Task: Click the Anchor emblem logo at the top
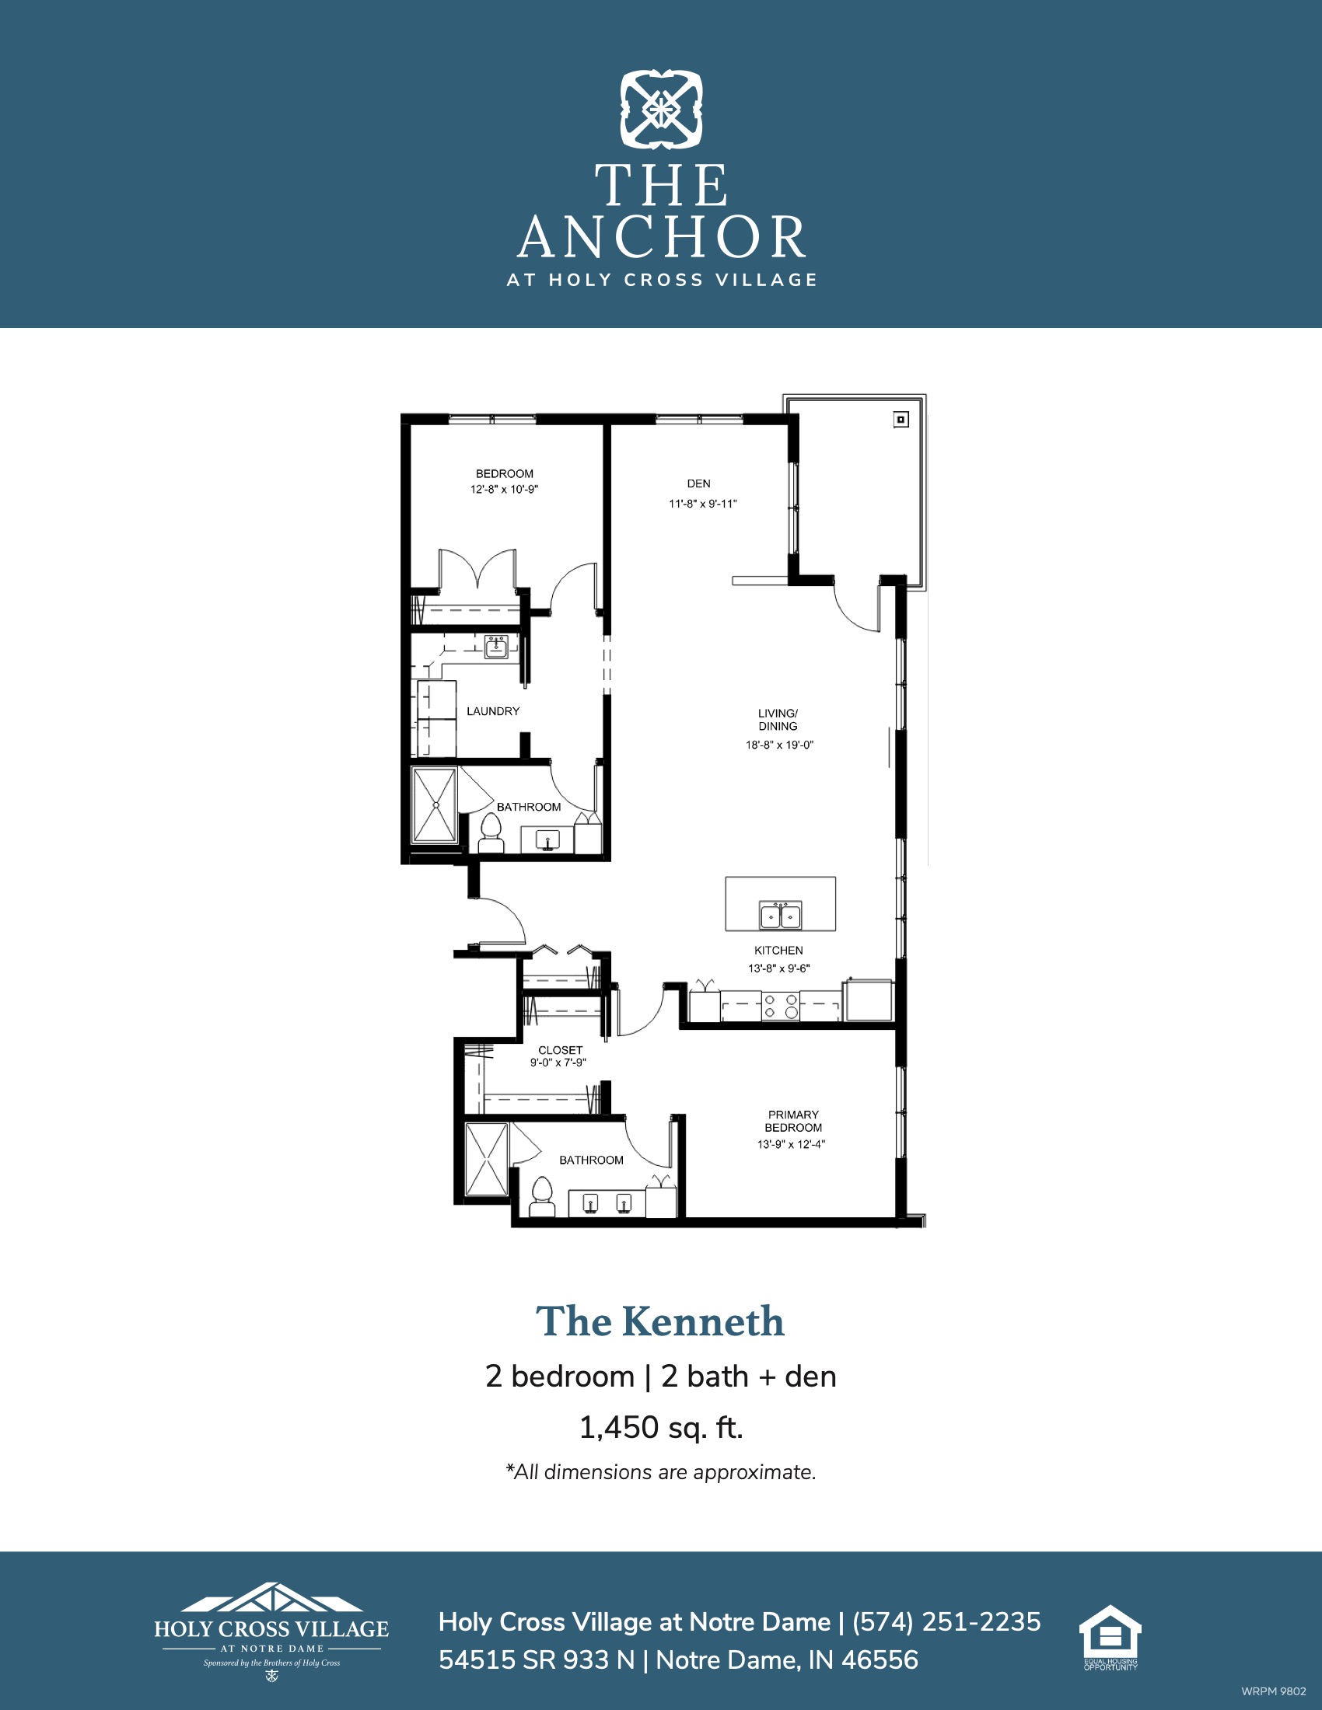[x=661, y=110]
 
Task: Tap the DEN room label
[x=698, y=484]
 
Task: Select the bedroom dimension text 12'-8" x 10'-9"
[x=505, y=490]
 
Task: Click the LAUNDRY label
[x=492, y=711]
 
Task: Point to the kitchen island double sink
[x=780, y=915]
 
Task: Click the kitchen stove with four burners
[x=781, y=1006]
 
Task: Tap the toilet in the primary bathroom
[x=542, y=1197]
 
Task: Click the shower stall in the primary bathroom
[x=486, y=1160]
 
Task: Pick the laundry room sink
[x=496, y=647]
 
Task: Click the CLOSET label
[x=560, y=1050]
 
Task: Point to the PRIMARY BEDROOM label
[x=793, y=1121]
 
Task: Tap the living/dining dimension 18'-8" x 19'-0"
[x=779, y=745]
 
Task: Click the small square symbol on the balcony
[x=901, y=421]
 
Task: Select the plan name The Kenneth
[x=660, y=1321]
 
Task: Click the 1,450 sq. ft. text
[x=661, y=1428]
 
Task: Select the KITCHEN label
[x=778, y=951]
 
